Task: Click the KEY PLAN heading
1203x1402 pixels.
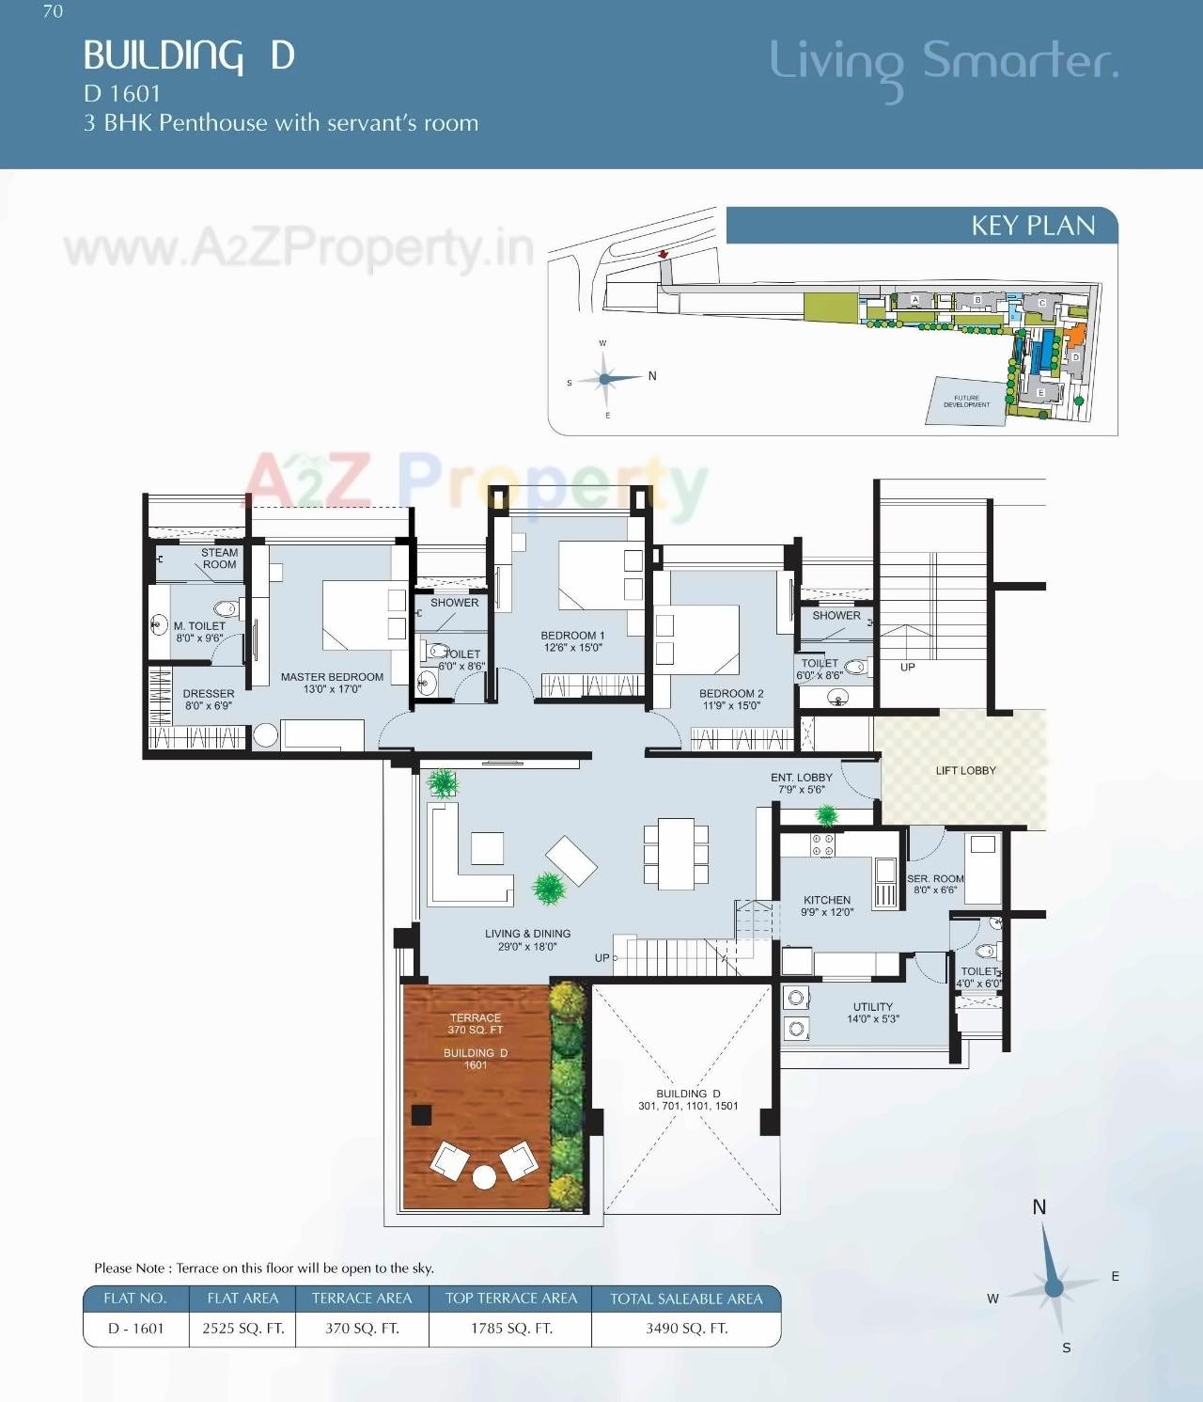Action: [1032, 226]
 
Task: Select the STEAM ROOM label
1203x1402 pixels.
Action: [219, 559]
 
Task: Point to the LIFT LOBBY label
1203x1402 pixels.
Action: [965, 770]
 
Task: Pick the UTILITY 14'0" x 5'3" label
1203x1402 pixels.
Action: [873, 1012]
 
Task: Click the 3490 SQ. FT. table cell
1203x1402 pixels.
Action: [686, 1329]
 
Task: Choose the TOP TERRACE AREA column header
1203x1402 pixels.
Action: [510, 1299]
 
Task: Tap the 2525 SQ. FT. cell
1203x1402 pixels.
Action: [242, 1329]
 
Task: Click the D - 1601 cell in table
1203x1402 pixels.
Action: [135, 1329]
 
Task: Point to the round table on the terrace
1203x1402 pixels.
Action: [484, 1177]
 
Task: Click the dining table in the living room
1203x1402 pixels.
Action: [676, 853]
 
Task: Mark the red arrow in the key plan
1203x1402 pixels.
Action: [663, 254]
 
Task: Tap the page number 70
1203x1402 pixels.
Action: [53, 11]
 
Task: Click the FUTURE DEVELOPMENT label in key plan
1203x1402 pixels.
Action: [966, 402]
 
